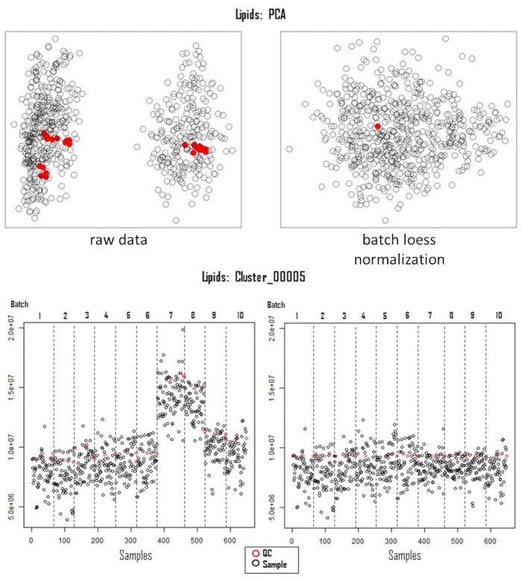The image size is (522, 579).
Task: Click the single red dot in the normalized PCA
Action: [x=378, y=127]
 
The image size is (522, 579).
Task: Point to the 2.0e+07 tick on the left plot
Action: [x=19, y=327]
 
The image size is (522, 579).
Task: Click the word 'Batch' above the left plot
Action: [x=20, y=304]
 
